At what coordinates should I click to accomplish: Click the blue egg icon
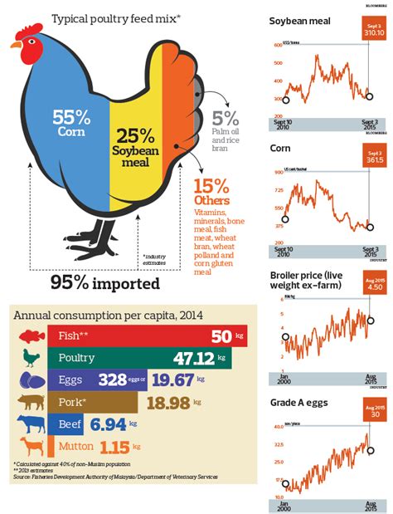pos(29,380)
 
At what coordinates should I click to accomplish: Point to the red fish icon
pos(29,336)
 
